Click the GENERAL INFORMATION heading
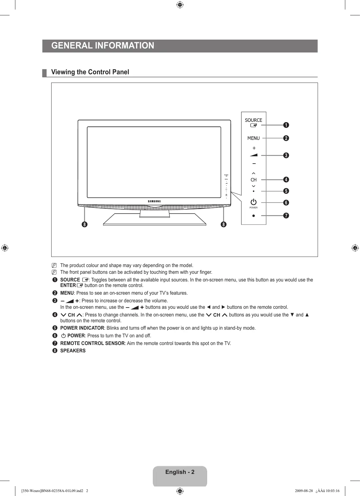[103, 46]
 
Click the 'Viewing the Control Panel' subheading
[90, 72]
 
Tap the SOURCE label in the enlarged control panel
[254, 120]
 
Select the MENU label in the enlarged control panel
[254, 138]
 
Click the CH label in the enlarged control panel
[254, 180]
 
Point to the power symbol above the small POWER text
[254, 202]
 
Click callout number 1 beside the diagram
[286, 125]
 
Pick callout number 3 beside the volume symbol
[286, 155]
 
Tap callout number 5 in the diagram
[286, 191]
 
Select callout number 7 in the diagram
[286, 215]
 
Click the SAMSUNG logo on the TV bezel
[154, 201]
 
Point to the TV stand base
[154, 220]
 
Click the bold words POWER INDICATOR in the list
[82, 328]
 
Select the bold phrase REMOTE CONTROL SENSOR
[92, 343]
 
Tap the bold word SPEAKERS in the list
[73, 351]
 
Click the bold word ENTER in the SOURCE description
[68, 285]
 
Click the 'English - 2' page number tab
[180, 472]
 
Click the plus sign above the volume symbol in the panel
[254, 148]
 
